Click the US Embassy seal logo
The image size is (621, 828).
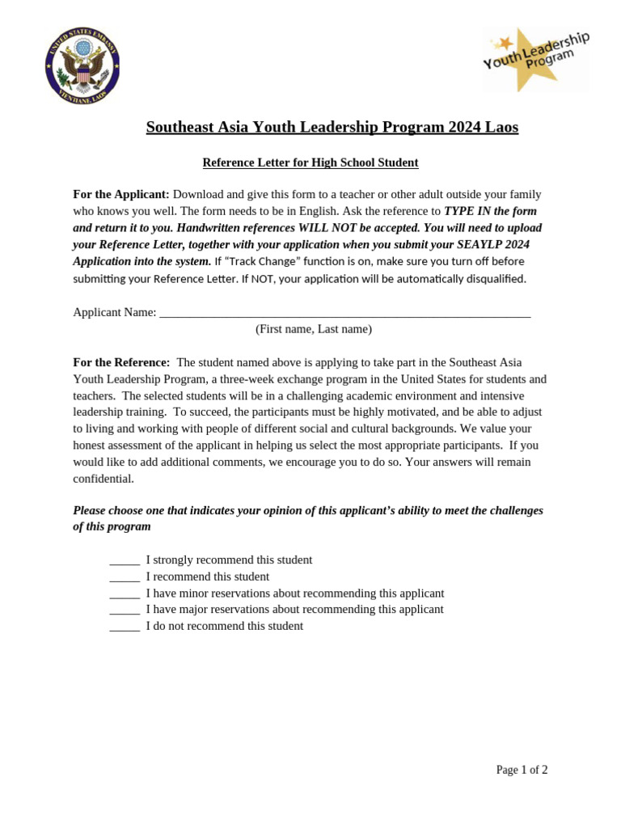coord(82,65)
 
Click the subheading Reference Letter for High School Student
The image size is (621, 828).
coord(310,163)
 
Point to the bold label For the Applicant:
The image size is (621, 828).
coord(121,194)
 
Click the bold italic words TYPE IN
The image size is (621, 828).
coord(467,211)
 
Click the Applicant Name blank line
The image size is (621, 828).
coord(344,313)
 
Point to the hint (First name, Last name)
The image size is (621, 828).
coord(314,329)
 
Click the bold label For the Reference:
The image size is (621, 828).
coord(121,362)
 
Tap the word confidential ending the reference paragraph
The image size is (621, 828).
coord(103,479)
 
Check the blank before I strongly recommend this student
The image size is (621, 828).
coord(125,560)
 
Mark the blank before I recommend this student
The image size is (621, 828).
coord(125,577)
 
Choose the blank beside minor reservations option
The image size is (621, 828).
coord(125,594)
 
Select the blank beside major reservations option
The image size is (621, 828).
coord(125,610)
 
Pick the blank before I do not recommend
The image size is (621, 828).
coord(125,627)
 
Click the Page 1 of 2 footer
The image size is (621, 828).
coord(522,770)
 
